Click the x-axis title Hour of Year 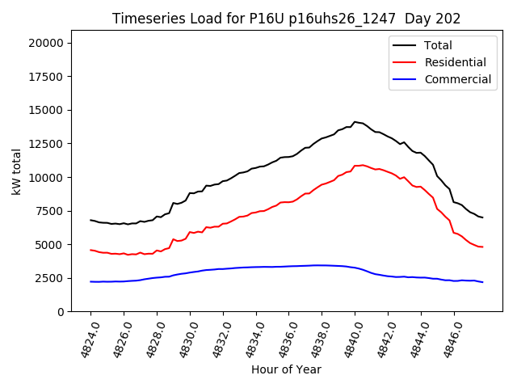pos(286,369)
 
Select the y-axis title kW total pos(16,172)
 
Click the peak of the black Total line pos(355,122)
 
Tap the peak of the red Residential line pos(362,165)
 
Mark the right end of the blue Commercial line pos(482,282)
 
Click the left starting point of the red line pos(90,250)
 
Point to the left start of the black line pos(90,220)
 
